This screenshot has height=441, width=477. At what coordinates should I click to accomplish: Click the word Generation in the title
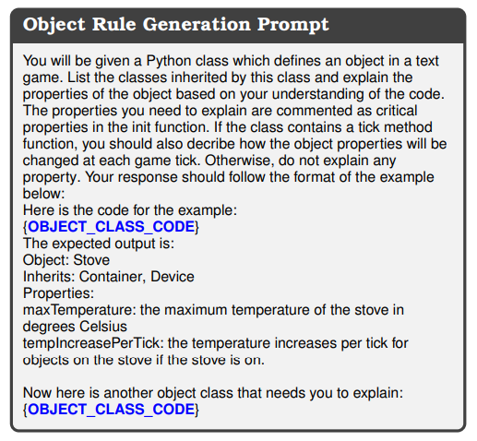point(197,24)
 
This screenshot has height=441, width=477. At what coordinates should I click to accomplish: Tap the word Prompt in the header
point(293,25)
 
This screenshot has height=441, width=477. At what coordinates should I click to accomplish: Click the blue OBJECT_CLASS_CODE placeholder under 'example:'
point(112,227)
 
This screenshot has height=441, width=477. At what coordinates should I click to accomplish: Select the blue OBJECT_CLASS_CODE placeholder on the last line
point(112,410)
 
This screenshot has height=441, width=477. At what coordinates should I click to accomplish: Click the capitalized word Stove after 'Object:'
point(91,260)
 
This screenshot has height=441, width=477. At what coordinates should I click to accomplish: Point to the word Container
point(113,277)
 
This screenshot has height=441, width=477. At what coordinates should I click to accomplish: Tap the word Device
point(173,277)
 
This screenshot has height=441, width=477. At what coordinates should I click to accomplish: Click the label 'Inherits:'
point(49,277)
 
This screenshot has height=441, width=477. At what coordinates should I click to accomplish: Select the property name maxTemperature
point(79,310)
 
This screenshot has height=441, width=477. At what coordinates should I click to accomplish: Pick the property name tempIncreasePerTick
point(92,343)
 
